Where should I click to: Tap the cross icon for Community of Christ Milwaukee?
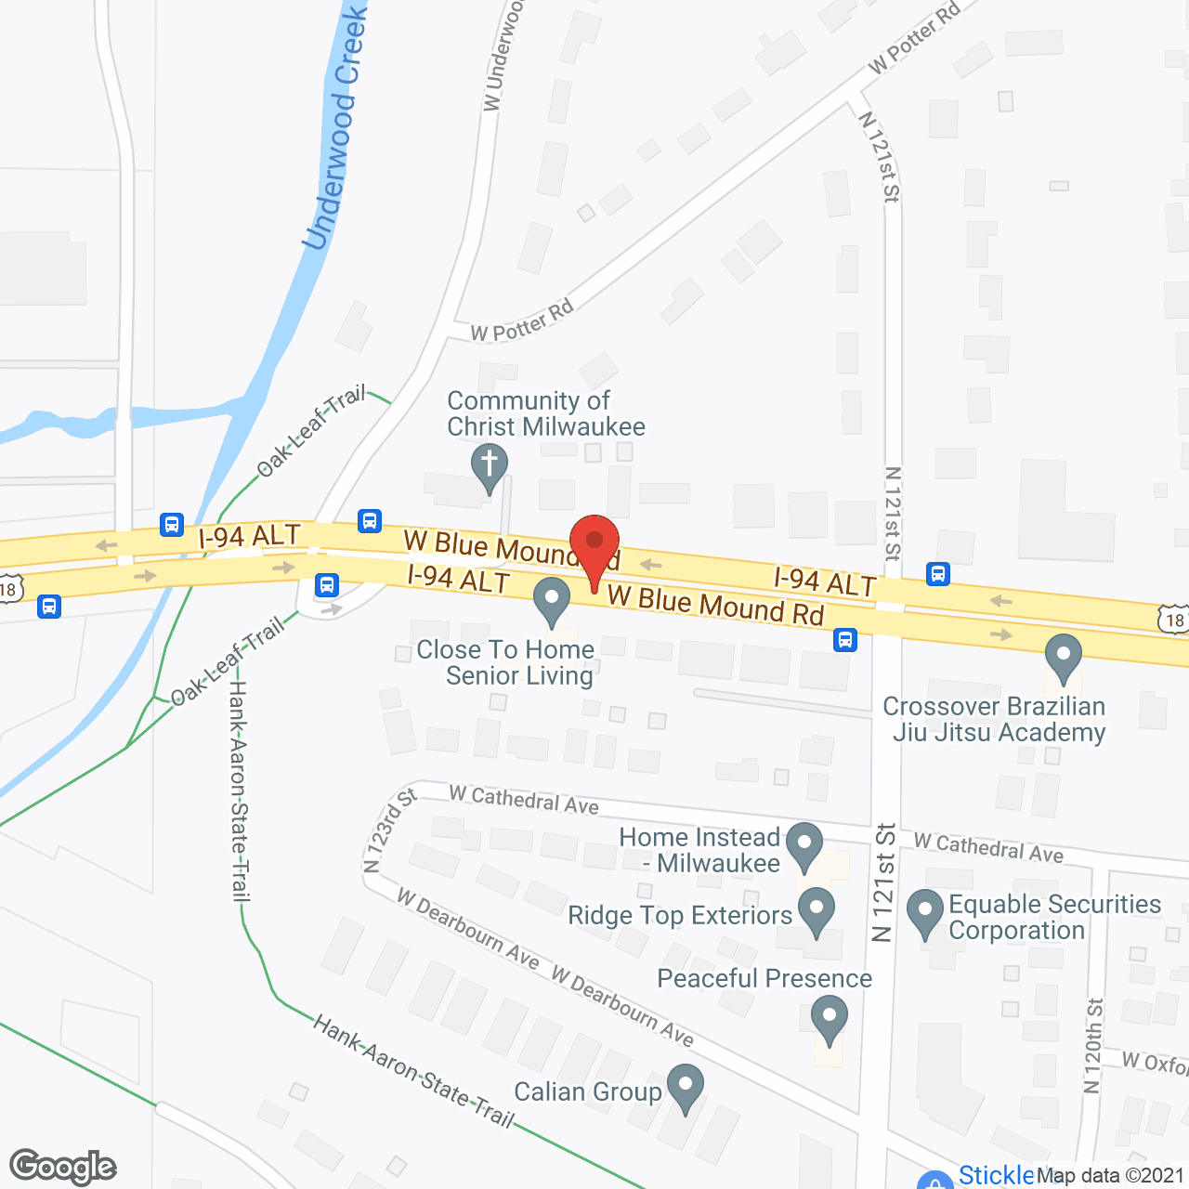point(489,465)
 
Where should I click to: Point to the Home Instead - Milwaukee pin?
point(804,844)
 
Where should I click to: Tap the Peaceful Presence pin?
point(829,1018)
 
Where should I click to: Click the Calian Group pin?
point(686,1087)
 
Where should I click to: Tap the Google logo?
point(63,1167)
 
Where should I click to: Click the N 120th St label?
point(1094,1046)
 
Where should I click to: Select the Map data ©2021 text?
point(1110,1175)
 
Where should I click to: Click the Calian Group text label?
point(587,1091)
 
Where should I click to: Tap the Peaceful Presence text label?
point(764,978)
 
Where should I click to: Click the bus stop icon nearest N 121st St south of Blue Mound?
point(845,639)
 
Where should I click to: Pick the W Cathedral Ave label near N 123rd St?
point(524,799)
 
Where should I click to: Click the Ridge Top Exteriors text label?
point(680,916)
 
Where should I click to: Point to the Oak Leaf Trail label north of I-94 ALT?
point(311,431)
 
